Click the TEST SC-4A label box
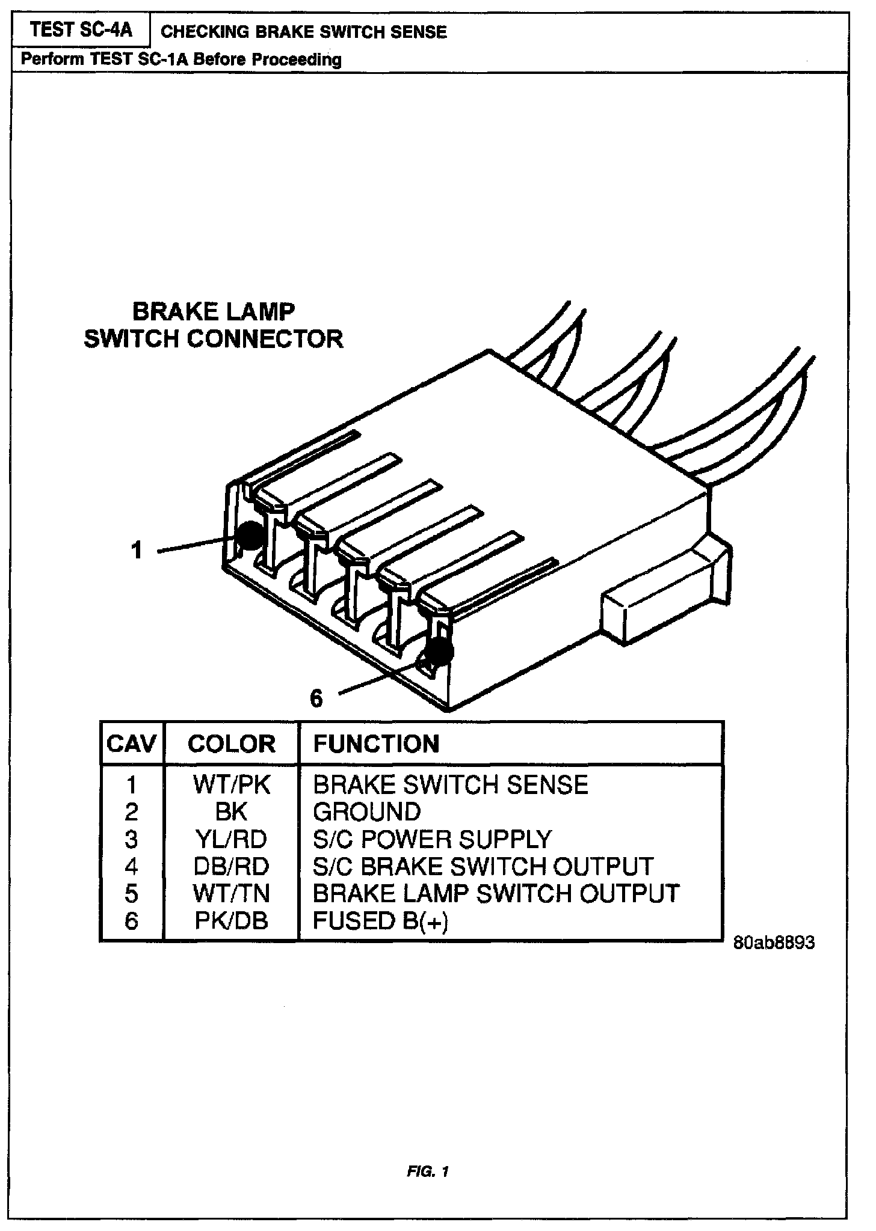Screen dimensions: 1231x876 [x=81, y=30]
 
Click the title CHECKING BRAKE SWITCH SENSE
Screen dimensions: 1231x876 [x=304, y=32]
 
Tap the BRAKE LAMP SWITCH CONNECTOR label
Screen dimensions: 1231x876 [x=214, y=325]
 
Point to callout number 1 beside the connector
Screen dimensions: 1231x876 [x=137, y=550]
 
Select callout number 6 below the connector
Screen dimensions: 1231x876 [x=316, y=698]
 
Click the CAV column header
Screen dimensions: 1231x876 [x=132, y=744]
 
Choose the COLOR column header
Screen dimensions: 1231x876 [x=232, y=744]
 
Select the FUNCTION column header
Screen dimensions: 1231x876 [x=377, y=744]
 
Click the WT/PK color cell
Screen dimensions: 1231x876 [x=232, y=785]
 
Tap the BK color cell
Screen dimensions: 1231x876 [x=232, y=812]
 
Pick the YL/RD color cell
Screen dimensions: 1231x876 [x=232, y=839]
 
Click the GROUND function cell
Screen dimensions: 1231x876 [x=367, y=812]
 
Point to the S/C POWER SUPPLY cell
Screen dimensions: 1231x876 [x=432, y=839]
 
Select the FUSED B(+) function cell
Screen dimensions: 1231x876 [x=381, y=921]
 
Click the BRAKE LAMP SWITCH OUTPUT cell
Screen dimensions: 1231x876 [x=496, y=894]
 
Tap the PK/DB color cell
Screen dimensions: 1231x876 [x=232, y=921]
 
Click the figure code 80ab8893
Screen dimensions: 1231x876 [x=774, y=942]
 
